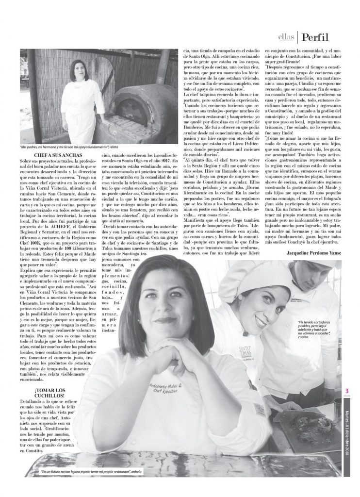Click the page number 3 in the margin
tap(347, 391)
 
